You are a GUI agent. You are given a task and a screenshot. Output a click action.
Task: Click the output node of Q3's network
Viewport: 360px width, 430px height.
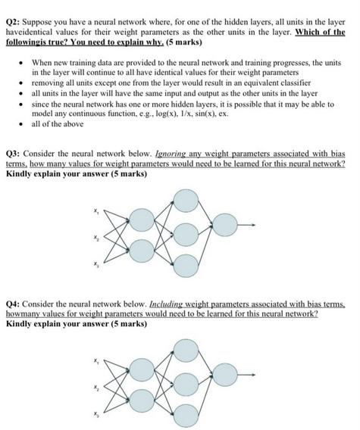click(224, 225)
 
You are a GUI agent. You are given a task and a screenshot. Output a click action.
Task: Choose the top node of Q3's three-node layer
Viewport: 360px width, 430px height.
click(185, 201)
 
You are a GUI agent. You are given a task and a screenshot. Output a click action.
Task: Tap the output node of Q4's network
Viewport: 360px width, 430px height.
click(224, 374)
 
